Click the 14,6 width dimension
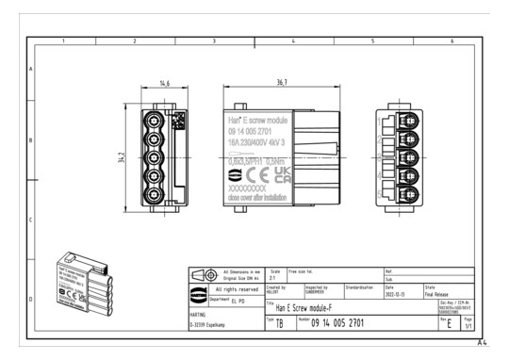[165, 85]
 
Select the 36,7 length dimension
[256, 85]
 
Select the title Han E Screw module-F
[311, 308]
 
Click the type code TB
[279, 324]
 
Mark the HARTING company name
[198, 315]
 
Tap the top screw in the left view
[156, 120]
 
